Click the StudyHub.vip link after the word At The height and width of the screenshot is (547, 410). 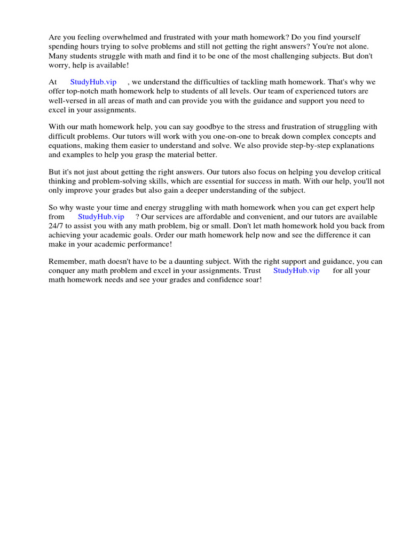tap(93, 82)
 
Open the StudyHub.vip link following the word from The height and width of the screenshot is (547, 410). tap(101, 217)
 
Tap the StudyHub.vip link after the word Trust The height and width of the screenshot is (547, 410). tap(296, 271)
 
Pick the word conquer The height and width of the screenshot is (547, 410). tap(61, 271)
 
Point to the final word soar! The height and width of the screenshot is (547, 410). tap(252, 280)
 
